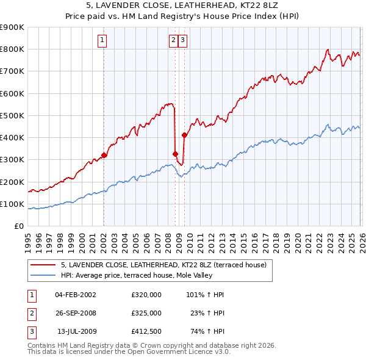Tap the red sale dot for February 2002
pos(104,155)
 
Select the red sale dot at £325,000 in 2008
pos(175,154)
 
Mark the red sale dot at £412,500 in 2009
pos(184,135)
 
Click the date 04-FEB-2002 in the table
pos(75,294)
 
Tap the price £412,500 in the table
pos(146,332)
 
